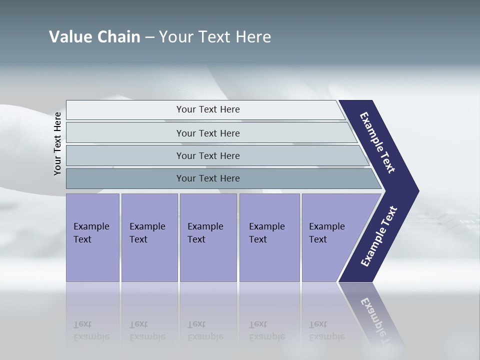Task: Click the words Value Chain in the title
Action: click(94, 37)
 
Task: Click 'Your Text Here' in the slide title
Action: click(215, 37)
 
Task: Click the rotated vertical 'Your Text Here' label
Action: click(57, 143)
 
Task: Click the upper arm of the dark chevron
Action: click(378, 143)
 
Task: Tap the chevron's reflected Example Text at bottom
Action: click(379, 320)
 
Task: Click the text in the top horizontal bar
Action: click(208, 109)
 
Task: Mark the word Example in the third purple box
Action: click(205, 226)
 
